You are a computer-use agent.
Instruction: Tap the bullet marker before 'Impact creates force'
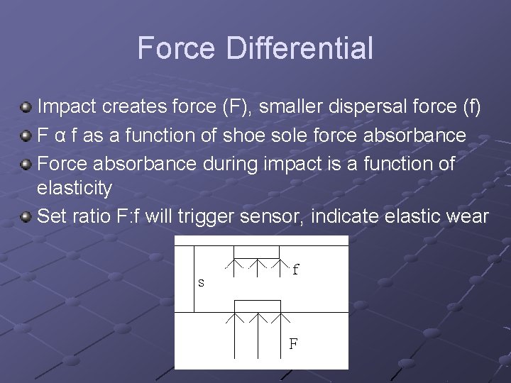coord(26,107)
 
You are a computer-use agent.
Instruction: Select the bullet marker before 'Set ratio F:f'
coord(26,216)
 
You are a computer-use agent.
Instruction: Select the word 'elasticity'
coord(73,189)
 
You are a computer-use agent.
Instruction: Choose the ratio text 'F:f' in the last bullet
coord(127,216)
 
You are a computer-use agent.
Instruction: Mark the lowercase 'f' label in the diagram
coord(295,270)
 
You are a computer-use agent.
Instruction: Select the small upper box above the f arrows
coord(258,252)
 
